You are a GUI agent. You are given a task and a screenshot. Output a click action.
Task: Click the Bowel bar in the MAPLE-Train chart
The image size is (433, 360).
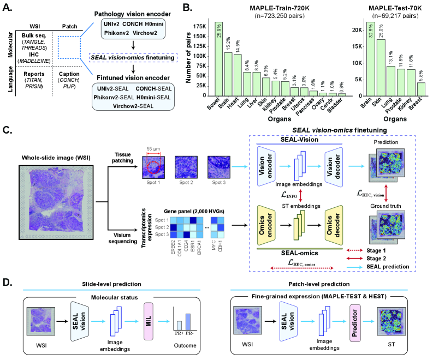[204, 60]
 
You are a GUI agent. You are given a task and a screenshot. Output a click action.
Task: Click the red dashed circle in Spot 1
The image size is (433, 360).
[153, 170]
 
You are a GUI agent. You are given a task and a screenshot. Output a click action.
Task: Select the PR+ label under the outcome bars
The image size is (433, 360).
[173, 333]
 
